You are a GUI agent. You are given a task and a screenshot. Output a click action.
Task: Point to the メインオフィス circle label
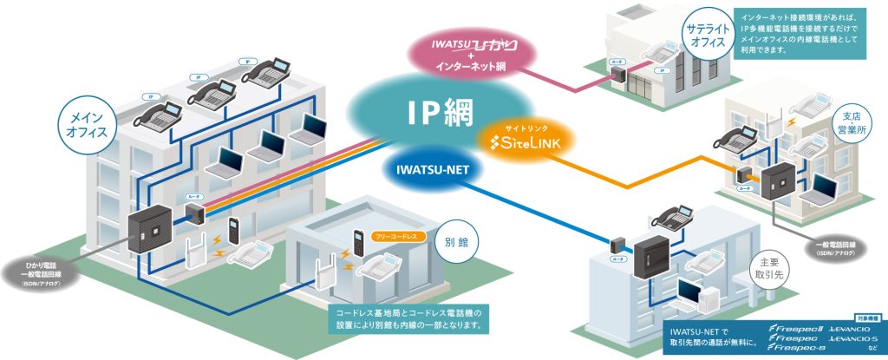tap(86, 125)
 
